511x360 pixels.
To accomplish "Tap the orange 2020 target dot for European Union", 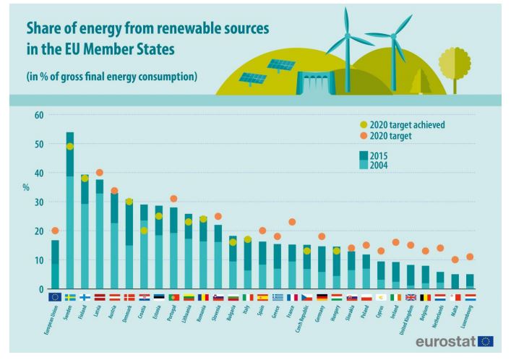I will point(55,231).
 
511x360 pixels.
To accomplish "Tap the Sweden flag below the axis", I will point(70,297).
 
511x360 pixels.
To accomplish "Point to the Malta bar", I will point(455,281).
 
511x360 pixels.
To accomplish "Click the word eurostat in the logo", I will point(445,340).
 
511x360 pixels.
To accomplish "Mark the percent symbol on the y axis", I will point(26,187).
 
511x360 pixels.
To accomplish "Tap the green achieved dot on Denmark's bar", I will point(129,202).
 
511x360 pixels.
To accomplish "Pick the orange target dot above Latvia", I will point(100,173).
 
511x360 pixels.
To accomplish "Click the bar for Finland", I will point(85,231).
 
